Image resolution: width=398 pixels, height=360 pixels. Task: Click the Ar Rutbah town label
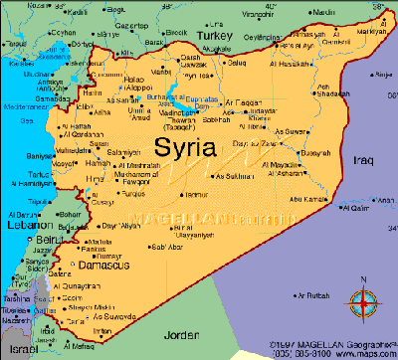pos(310,295)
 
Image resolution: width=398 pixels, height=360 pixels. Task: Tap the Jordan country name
pos(187,337)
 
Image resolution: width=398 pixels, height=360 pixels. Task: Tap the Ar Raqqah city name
pos(242,103)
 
